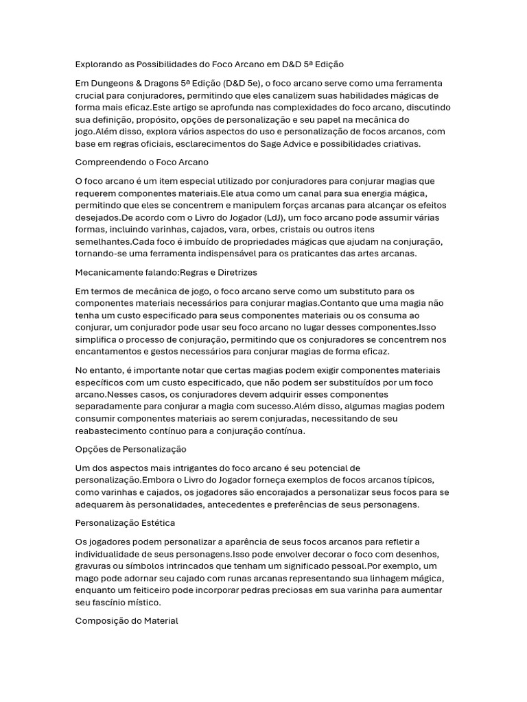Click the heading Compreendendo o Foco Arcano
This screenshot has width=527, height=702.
pos(141,162)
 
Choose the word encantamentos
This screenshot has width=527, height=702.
pos(111,352)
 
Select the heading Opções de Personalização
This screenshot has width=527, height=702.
pos(130,449)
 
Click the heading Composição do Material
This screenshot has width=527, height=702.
pos(126,621)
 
